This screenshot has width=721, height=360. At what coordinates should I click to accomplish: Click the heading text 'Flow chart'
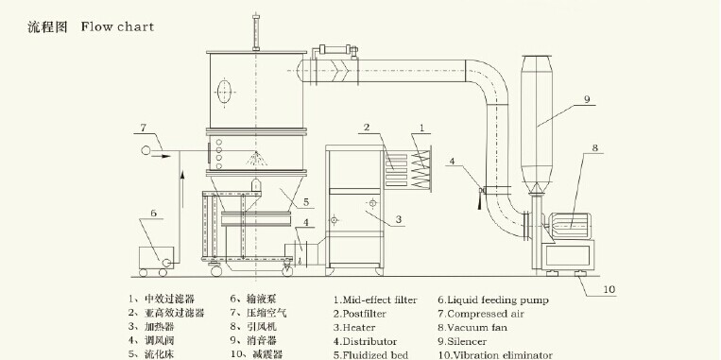[x=117, y=26]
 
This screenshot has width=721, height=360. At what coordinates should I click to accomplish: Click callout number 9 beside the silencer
[x=587, y=99]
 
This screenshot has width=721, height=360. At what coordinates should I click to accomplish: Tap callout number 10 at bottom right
[x=609, y=289]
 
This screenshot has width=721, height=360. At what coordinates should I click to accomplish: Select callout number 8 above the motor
[x=594, y=147]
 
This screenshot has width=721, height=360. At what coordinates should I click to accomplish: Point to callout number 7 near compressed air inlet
[x=143, y=128]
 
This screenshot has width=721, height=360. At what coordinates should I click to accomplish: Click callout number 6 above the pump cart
[x=154, y=213]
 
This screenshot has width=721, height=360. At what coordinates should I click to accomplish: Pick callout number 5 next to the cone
[x=306, y=201]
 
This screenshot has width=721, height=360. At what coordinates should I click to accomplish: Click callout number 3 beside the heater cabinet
[x=398, y=220]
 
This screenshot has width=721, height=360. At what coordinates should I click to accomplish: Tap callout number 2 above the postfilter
[x=367, y=128]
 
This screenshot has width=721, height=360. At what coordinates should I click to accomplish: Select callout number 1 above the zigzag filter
[x=422, y=128]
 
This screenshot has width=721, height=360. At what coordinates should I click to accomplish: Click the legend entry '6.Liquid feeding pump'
[x=493, y=300]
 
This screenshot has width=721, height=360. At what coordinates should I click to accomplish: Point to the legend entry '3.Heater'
[x=354, y=328]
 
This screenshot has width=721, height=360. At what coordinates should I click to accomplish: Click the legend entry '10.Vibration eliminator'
[x=495, y=355]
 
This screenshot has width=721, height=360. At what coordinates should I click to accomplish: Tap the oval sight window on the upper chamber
[x=224, y=92]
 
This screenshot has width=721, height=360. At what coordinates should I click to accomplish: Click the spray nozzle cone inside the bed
[x=257, y=159]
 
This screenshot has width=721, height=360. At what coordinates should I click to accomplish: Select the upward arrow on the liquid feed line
[x=182, y=189]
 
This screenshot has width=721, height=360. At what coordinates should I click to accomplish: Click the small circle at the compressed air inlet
[x=146, y=150]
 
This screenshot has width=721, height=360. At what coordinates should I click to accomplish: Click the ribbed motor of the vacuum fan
[x=568, y=226]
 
